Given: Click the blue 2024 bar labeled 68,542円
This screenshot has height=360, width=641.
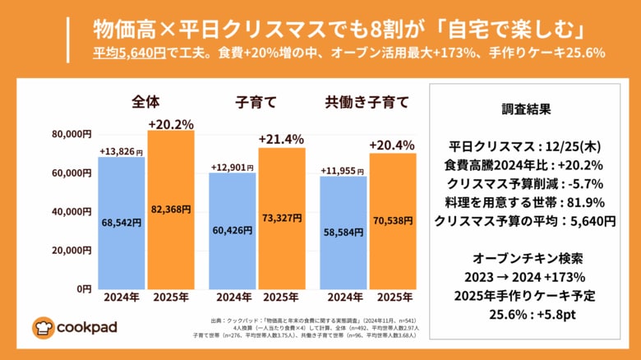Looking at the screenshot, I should click(x=121, y=222).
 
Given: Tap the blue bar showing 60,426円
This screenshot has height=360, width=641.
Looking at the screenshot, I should click(x=232, y=230).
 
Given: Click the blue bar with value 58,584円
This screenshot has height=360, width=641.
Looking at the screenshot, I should click(x=343, y=232).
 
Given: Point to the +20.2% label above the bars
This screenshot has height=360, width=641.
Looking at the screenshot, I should click(x=171, y=124).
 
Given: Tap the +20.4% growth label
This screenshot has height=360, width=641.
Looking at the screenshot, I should click(x=392, y=145).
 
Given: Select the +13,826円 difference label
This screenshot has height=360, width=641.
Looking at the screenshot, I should click(x=121, y=152).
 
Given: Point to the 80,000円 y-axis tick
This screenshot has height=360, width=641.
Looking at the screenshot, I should click(x=71, y=134).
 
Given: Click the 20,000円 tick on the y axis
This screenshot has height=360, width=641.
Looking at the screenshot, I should click(x=71, y=250).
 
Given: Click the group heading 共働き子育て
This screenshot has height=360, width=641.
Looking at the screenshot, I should click(x=367, y=103).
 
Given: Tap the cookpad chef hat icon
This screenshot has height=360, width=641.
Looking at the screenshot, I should click(x=43, y=328).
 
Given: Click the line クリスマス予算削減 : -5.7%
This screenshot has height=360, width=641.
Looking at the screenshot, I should click(x=526, y=183).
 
